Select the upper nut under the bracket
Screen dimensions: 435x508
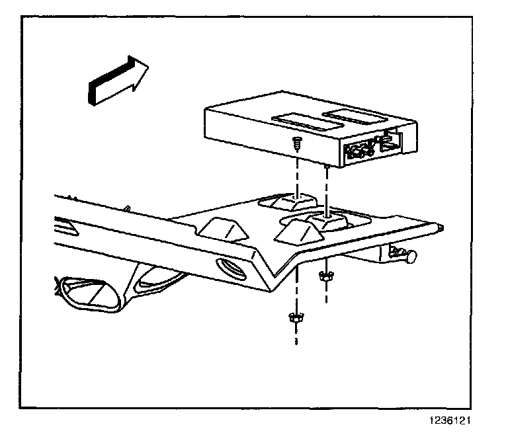click(325, 276)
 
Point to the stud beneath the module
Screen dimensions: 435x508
click(327, 170)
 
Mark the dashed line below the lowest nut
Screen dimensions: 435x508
click(295, 336)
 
